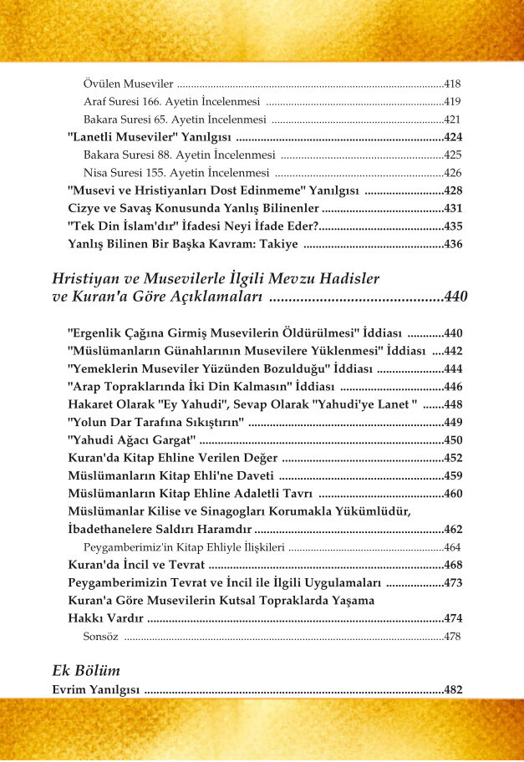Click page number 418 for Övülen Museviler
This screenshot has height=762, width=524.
coord(452,84)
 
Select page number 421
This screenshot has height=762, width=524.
coord(452,119)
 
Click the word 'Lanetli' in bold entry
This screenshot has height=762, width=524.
coord(93,137)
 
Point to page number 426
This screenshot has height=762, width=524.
coord(452,173)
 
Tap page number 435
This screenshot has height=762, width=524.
coord(452,226)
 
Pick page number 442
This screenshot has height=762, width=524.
coord(452,350)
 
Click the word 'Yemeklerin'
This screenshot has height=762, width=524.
coord(104,368)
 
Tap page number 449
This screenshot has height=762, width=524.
coord(452,422)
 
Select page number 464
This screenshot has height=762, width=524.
coord(452,547)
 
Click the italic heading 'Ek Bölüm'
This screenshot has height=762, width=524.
coord(86,670)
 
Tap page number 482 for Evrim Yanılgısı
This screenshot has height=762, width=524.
coord(452,690)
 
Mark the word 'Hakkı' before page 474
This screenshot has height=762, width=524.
coord(84,618)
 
